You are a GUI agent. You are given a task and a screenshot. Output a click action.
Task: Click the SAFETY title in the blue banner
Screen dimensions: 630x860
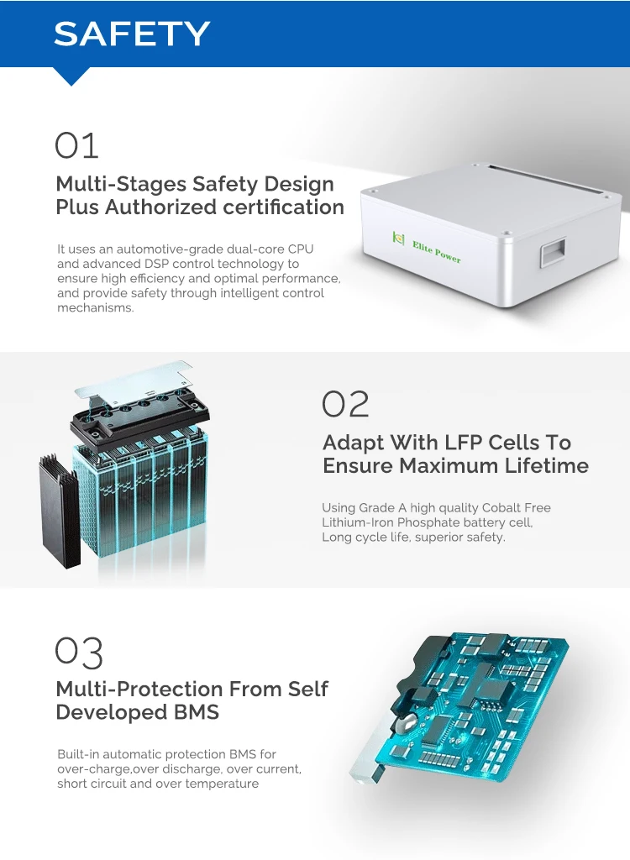[x=132, y=34]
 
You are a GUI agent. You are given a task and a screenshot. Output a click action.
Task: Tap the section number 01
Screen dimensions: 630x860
[x=76, y=145]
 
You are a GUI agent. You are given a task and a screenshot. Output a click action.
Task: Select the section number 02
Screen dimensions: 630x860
[x=345, y=404]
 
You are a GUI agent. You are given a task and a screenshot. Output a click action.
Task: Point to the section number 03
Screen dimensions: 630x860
[x=79, y=653]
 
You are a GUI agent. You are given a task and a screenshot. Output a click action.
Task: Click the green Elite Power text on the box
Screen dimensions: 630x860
[x=437, y=252]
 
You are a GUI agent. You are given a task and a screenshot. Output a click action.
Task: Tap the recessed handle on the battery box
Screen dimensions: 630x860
[x=553, y=252]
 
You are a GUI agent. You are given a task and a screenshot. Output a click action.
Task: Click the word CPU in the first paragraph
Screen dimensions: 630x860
[x=301, y=249]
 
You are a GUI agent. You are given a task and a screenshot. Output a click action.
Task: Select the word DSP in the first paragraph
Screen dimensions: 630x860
[x=156, y=264]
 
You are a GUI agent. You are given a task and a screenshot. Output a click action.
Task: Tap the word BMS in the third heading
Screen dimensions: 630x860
[x=196, y=712]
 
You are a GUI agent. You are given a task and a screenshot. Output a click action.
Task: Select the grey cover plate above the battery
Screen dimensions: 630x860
[x=134, y=382]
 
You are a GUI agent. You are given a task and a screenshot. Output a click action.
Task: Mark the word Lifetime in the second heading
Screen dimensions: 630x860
[x=547, y=465]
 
